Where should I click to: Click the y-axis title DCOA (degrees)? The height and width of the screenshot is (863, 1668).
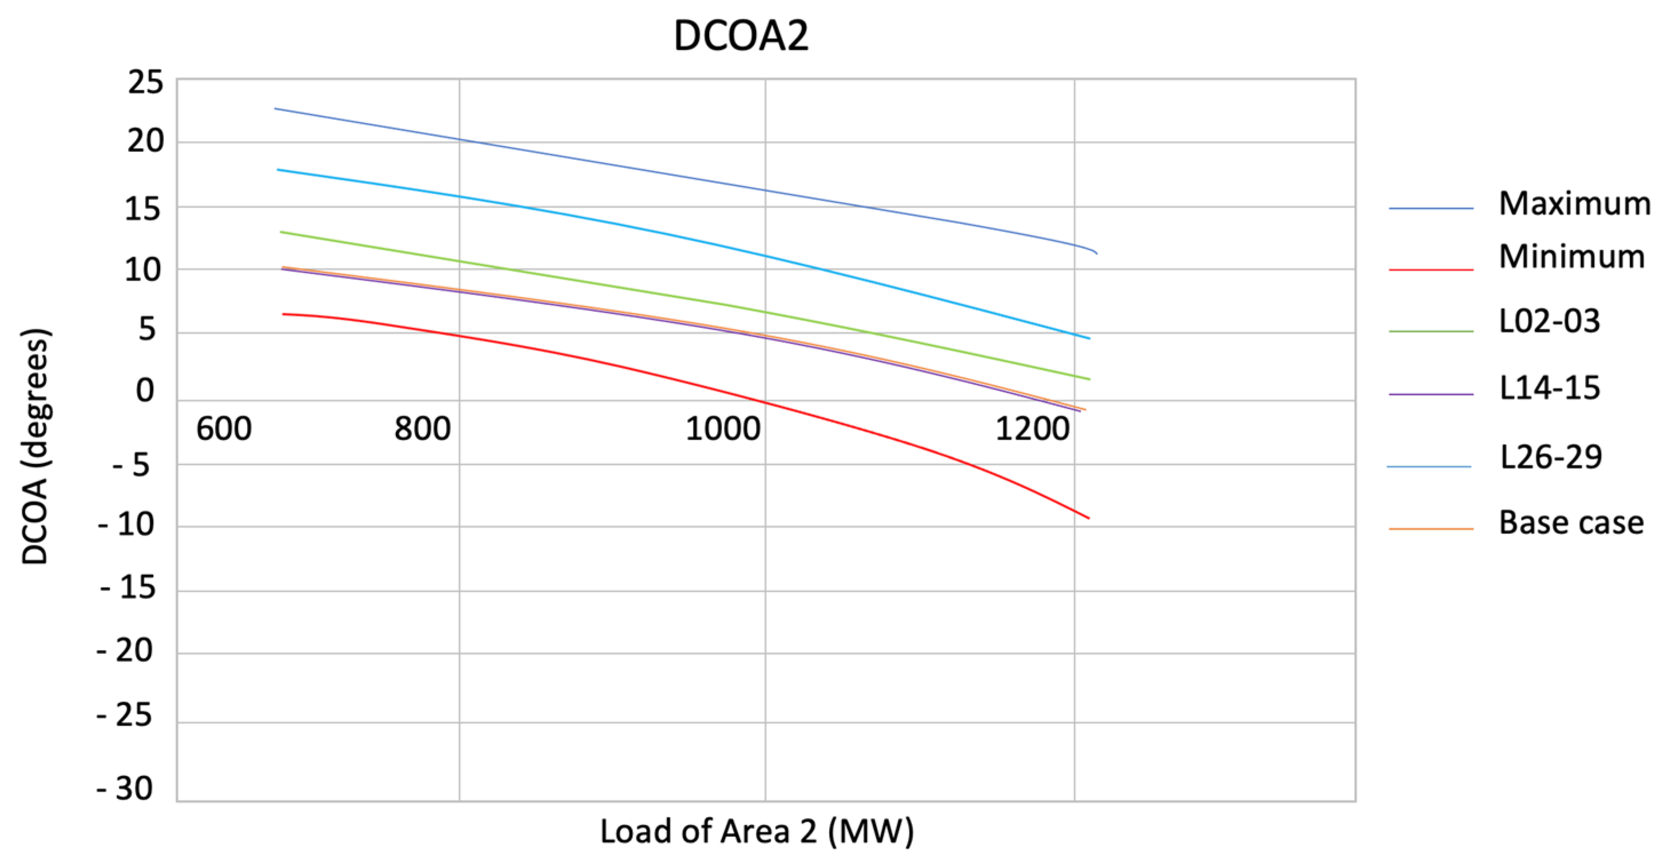point(35,447)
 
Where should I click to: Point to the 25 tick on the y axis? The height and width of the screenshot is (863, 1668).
point(145,83)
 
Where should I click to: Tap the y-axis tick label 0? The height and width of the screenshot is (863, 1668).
point(145,390)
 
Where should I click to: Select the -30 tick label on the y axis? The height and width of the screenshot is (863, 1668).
point(125,789)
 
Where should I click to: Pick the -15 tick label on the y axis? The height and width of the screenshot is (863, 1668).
point(128,588)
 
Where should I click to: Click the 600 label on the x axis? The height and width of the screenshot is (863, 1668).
point(224,429)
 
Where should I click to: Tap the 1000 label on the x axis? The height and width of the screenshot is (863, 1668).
point(723,429)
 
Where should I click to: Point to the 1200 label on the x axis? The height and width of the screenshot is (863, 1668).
point(1032,429)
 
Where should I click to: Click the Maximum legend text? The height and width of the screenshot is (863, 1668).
point(1574,204)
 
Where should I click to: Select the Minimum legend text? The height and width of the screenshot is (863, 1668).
point(1571,257)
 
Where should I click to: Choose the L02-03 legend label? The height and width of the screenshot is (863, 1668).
point(1550,321)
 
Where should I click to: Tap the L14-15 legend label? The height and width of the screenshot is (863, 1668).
point(1550,388)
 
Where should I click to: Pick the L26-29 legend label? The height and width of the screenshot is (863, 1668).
point(1551,457)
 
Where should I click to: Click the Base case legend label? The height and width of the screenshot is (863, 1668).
point(1571,522)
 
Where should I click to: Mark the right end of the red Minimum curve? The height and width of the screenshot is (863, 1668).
point(1089,518)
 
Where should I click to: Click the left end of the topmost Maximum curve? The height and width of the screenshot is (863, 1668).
point(276,109)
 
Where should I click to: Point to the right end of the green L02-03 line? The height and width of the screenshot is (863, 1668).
point(1089,379)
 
